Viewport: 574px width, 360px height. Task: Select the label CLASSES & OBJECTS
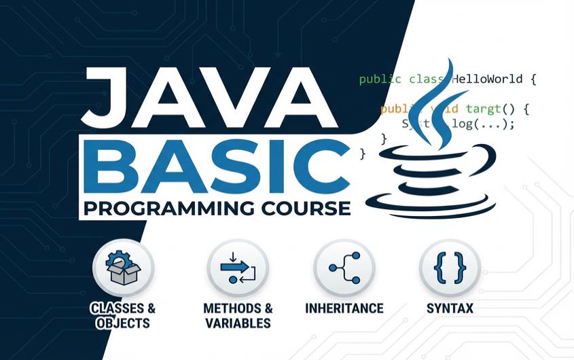click(123, 315)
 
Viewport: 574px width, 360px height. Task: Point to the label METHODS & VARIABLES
click(238, 315)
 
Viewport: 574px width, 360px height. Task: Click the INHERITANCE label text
click(344, 308)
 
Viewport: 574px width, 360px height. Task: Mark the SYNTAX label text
click(450, 308)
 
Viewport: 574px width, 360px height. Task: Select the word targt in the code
click(483, 109)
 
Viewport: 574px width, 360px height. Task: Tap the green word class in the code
click(425, 79)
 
